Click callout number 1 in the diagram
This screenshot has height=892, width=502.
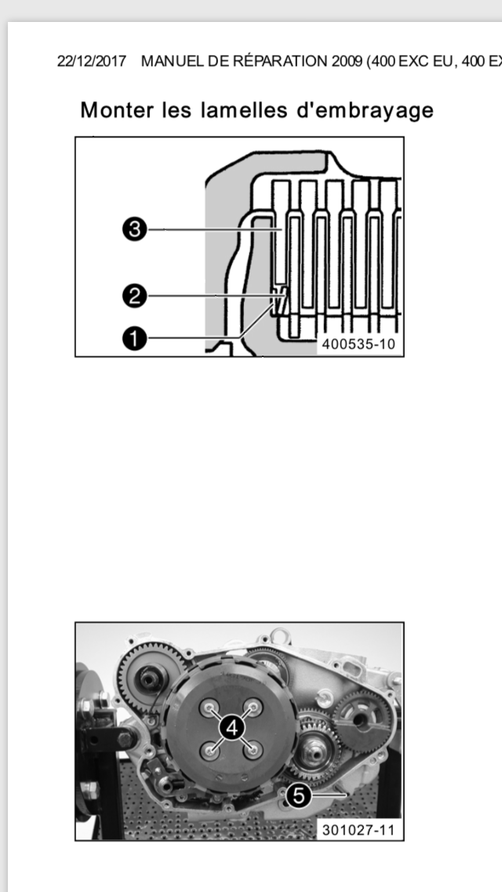(x=135, y=339)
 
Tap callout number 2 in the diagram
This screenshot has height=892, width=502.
(x=135, y=296)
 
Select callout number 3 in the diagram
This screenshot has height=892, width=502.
(x=135, y=230)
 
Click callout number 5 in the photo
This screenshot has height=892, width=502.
(x=298, y=795)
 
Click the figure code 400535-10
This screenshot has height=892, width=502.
(x=358, y=344)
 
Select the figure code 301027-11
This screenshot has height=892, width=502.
(x=358, y=829)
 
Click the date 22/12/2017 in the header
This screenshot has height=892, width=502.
(x=92, y=61)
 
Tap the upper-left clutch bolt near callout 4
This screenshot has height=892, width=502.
(x=209, y=707)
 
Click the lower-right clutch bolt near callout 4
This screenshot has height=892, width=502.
(x=253, y=751)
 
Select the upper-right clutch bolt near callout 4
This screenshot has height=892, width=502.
(x=253, y=707)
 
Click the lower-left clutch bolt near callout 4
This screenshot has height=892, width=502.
(x=210, y=751)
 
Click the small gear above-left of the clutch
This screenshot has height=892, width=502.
(x=151, y=676)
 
